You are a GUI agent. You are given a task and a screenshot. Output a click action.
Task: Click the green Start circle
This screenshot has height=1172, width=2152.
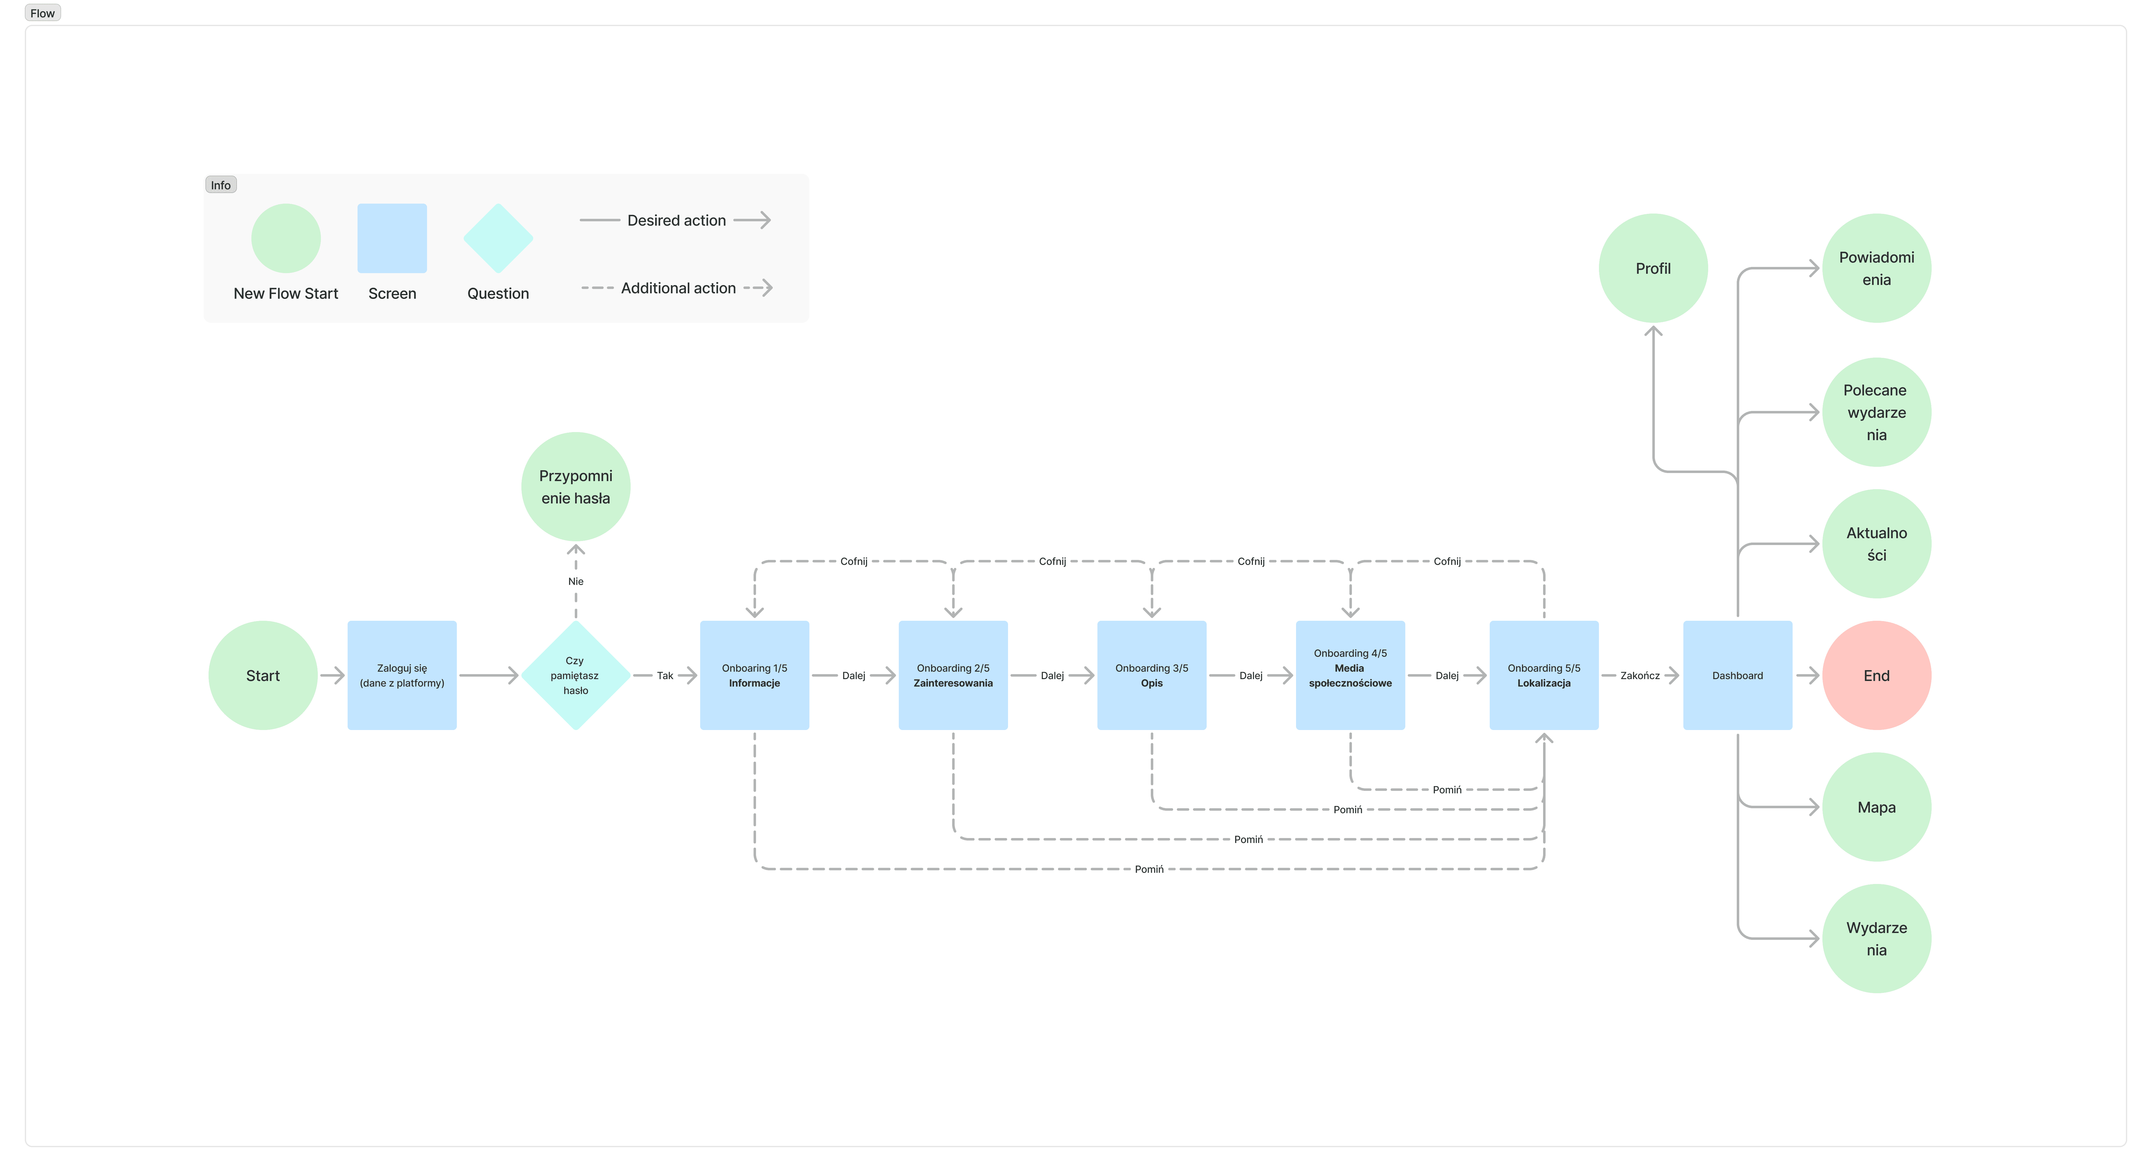[262, 675]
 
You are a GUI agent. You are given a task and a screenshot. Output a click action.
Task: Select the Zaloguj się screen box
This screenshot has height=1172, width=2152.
[402, 675]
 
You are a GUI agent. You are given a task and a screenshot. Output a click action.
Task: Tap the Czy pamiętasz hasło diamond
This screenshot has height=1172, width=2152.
[576, 675]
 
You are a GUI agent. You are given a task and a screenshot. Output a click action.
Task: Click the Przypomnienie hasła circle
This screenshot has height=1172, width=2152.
[576, 486]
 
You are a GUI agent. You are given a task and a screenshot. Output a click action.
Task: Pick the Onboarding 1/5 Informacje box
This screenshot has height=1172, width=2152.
[754, 675]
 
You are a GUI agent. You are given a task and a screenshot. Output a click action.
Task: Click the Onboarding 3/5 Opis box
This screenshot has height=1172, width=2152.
[1151, 675]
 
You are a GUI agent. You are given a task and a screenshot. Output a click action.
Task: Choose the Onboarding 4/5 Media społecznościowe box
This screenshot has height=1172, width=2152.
[1350, 675]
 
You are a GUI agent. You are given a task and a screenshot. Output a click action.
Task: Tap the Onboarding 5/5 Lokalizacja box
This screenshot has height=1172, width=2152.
[1544, 675]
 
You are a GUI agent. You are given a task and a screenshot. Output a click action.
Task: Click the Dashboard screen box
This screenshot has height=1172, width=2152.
[1738, 675]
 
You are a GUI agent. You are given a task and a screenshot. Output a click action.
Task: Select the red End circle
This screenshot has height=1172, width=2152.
[1876, 675]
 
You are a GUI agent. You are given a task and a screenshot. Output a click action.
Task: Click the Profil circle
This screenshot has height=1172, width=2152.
[1652, 268]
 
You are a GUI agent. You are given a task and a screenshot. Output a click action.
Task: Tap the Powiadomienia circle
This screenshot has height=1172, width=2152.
[1876, 268]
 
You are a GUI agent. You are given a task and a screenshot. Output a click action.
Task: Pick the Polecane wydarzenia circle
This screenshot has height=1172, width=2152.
[1876, 412]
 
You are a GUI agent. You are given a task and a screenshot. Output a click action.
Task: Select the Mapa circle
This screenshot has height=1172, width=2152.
[1876, 807]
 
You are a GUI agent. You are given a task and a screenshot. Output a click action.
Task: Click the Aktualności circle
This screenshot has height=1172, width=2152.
[1876, 544]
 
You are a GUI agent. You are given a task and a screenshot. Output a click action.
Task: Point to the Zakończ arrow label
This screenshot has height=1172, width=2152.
[1640, 675]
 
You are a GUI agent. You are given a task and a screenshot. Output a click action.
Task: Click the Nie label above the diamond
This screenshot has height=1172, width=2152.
[576, 581]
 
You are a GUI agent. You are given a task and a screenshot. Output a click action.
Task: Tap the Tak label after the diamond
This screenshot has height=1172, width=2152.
[665, 675]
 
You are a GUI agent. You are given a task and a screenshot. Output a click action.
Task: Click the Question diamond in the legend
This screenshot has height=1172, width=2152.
[498, 238]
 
